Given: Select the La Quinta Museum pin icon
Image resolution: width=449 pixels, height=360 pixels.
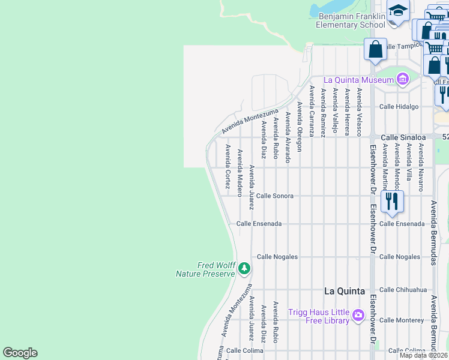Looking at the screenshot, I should coord(402,79).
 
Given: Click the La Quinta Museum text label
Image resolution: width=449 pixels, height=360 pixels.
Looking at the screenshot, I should coord(358,80).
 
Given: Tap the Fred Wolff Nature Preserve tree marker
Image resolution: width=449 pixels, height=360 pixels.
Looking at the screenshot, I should coord(244,268).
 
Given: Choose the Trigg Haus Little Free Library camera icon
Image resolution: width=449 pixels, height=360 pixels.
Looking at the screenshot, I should coord(358,315).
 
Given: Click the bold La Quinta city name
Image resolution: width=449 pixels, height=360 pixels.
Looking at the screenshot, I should coord(344,291).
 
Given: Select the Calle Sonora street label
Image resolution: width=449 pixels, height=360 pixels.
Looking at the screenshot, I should coord(275,196).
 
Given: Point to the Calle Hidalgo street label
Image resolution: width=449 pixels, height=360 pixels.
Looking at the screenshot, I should coord(399,107).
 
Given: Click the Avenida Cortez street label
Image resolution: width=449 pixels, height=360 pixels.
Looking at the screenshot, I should coord(228,166).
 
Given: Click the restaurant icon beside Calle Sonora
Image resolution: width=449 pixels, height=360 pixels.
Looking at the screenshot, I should coord(391,202).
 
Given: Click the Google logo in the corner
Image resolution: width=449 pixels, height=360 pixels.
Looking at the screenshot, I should coord(20,353).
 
